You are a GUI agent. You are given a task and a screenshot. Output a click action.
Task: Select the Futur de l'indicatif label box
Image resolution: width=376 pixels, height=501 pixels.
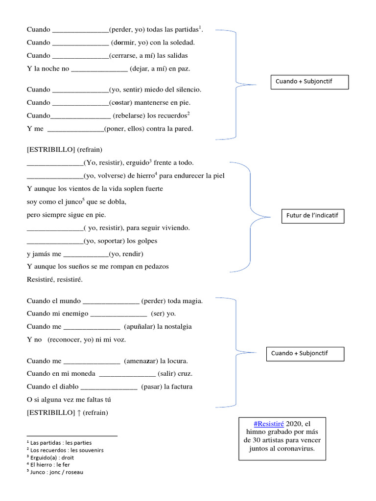pyautogui.click(x=312, y=215)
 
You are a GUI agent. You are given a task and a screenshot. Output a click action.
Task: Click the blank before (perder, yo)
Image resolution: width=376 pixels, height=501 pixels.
pyautogui.click(x=80, y=30)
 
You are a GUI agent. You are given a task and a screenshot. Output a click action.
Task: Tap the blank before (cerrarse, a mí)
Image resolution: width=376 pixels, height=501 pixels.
pyautogui.click(x=80, y=56)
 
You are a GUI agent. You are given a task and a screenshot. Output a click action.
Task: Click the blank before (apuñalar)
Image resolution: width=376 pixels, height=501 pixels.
pyautogui.click(x=92, y=327)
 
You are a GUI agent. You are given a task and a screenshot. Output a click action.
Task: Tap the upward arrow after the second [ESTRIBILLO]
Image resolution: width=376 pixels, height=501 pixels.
pyautogui.click(x=78, y=413)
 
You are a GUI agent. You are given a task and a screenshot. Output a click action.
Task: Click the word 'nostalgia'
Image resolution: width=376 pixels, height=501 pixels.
pyautogui.click(x=175, y=326)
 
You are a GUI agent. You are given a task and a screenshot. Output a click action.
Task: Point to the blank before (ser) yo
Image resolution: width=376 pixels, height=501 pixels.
pyautogui.click(x=119, y=314)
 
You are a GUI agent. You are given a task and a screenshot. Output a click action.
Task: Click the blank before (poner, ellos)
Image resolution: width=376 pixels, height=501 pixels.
pyautogui.click(x=76, y=130)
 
